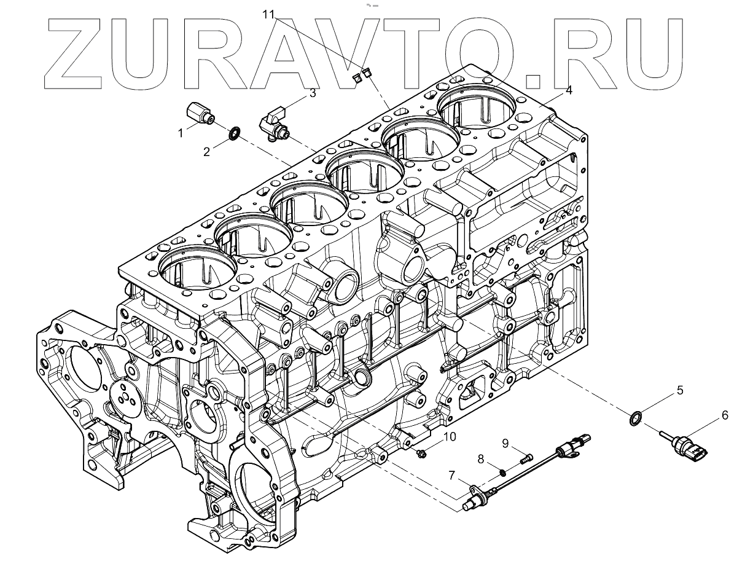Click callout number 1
click(181, 133)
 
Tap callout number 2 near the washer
click(207, 152)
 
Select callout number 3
click(312, 93)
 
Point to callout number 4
click(569, 90)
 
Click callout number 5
click(680, 390)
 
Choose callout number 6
click(725, 416)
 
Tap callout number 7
click(451, 475)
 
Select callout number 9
click(505, 442)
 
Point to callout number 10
click(450, 436)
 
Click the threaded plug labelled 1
click(200, 114)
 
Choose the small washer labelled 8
click(502, 472)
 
